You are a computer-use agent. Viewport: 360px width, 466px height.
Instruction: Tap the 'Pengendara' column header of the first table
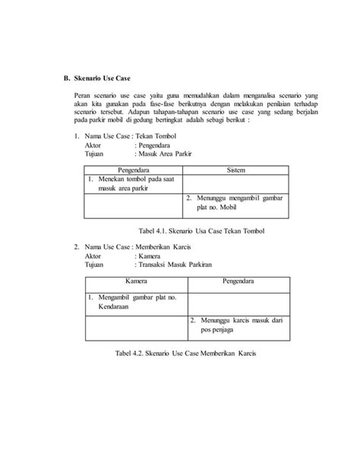point(133,168)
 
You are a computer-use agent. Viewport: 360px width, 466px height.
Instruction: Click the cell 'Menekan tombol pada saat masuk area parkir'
point(132,183)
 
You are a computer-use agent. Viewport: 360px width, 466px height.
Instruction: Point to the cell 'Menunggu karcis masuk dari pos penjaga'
point(237,326)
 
